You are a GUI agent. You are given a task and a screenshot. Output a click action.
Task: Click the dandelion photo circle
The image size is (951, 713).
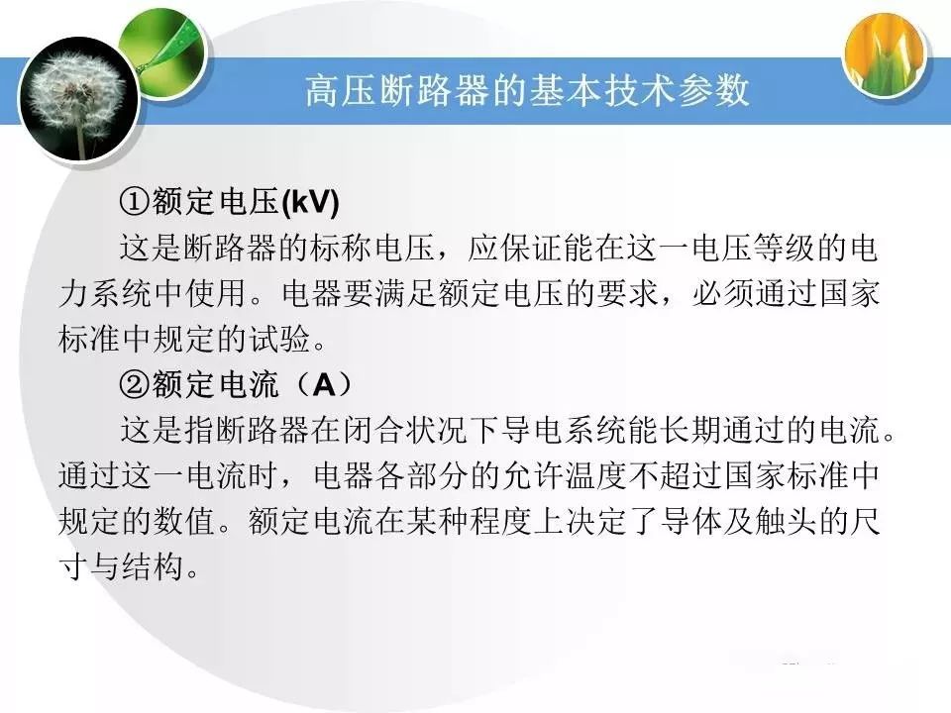(79, 100)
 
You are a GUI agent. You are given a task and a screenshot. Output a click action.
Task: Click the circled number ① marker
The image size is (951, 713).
(134, 202)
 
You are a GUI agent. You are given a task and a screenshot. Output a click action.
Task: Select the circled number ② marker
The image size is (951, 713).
(134, 384)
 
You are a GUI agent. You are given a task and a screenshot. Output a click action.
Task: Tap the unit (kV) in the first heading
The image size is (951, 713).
(310, 202)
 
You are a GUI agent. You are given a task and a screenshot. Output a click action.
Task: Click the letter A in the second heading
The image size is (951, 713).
(323, 384)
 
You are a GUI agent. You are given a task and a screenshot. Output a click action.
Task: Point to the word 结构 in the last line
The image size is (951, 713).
(154, 566)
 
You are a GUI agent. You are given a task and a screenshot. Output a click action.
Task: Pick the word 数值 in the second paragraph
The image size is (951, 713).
(185, 521)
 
